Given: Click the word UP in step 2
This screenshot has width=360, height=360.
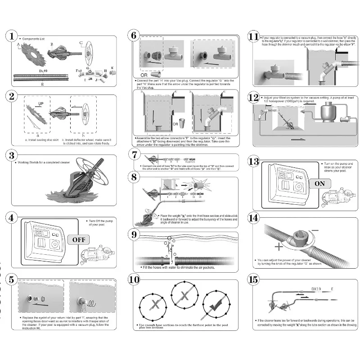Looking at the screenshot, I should [41, 103].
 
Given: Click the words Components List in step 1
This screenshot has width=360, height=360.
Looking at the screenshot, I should [35, 39].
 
